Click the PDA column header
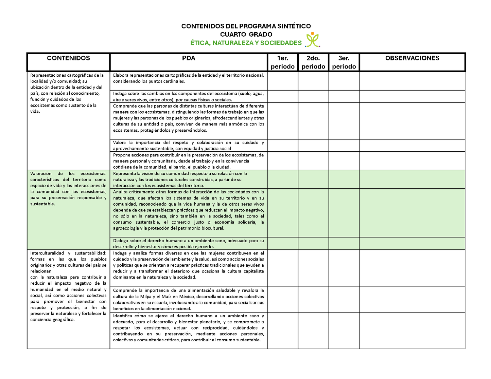tap(189, 58)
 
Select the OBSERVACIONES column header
tap(412, 58)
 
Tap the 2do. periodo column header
tap(313, 62)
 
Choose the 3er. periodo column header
tap(344, 62)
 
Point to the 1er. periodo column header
tap(282, 62)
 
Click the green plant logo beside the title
tap(313, 40)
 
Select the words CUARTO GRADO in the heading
tap(246, 34)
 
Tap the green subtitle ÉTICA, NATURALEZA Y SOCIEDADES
tap(246, 43)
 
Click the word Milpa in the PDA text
tap(146, 297)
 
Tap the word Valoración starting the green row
tap(41, 174)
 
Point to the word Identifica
tap(123, 316)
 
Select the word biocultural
tap(212, 228)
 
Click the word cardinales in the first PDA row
tap(174, 81)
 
